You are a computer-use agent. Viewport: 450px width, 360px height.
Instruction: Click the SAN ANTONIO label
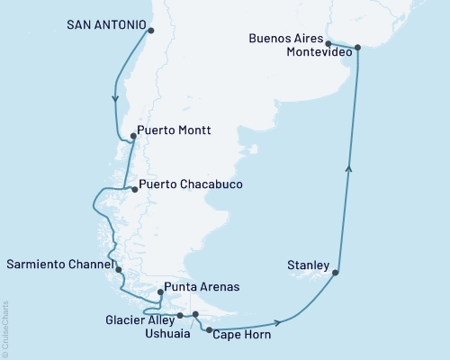[x=106, y=26]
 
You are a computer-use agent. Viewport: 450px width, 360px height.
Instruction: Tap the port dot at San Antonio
[x=150, y=31]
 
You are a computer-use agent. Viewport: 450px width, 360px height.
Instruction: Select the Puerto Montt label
[x=175, y=130]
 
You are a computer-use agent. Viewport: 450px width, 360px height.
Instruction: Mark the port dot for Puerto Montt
[x=133, y=137]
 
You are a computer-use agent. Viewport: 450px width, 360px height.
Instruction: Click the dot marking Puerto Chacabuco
[x=134, y=189]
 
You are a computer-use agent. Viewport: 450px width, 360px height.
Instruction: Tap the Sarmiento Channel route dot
[x=119, y=269]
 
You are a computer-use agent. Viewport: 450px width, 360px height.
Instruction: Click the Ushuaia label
[x=167, y=333]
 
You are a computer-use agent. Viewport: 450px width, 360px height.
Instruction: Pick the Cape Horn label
[x=241, y=334]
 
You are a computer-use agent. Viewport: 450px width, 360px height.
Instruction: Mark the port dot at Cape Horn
[x=210, y=331]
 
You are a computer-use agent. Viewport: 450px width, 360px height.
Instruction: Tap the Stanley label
[x=303, y=265]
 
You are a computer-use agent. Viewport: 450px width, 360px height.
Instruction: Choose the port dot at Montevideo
[x=357, y=47]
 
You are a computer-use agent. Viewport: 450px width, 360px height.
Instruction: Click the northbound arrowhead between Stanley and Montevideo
[x=349, y=167]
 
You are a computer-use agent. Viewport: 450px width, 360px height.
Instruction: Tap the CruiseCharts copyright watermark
[x=5, y=328]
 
